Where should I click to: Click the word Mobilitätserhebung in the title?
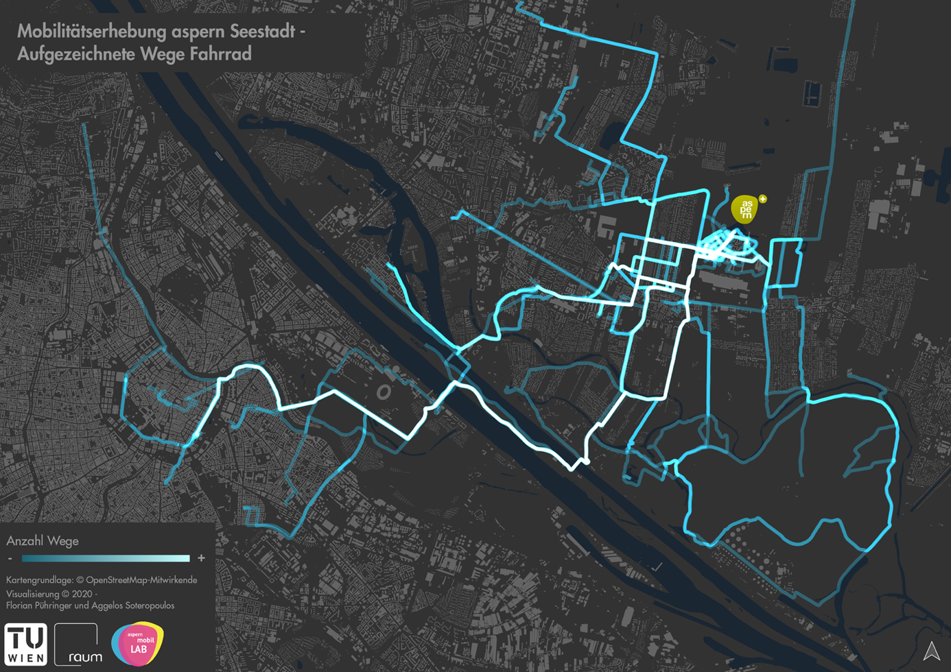tap(91, 32)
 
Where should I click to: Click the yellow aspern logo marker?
tap(745, 209)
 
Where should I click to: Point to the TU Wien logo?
tap(25, 644)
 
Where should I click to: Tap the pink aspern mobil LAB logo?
tap(138, 644)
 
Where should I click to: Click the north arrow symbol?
tap(931, 651)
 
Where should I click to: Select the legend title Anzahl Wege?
tap(43, 541)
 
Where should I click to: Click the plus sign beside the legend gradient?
tap(201, 558)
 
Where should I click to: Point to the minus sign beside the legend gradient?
tap(10, 559)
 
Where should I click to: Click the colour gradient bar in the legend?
tap(106, 558)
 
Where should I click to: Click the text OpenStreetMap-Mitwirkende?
tap(141, 580)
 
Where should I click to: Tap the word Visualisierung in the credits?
tap(33, 594)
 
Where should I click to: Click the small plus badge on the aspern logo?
tap(762, 200)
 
